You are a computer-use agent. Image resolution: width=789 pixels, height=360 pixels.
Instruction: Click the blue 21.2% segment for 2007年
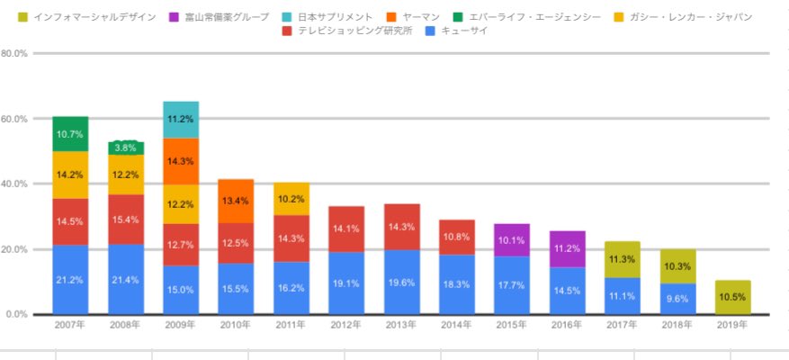[x=70, y=279]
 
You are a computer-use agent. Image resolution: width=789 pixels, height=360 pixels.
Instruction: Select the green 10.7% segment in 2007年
[x=70, y=134]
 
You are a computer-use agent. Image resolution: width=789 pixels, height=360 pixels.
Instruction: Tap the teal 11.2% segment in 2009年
[x=181, y=120]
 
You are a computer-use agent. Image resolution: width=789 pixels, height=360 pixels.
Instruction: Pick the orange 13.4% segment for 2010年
[x=236, y=201]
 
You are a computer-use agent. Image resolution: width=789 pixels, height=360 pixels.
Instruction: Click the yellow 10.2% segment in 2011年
[x=291, y=199]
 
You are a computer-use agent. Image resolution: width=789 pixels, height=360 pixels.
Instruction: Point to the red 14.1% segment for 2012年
[x=346, y=229]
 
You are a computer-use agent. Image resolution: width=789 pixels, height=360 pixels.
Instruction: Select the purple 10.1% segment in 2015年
[x=512, y=240]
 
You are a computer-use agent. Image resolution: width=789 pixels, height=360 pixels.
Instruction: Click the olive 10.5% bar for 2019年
[x=732, y=297]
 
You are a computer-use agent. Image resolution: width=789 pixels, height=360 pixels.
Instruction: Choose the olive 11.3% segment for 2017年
[x=623, y=259]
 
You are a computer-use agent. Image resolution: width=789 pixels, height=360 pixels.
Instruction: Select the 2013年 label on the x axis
[x=401, y=326]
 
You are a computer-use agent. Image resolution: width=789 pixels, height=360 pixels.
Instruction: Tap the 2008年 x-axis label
[x=126, y=326]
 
